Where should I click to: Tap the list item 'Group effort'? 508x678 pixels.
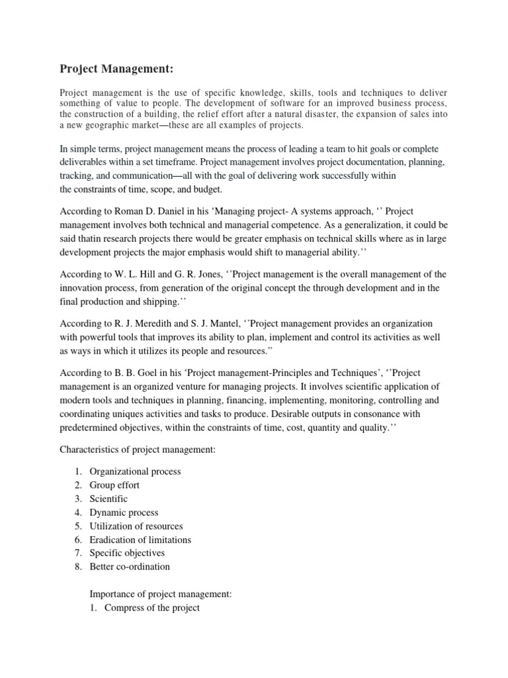(x=115, y=485)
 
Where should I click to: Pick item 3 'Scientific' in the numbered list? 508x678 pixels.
(x=110, y=499)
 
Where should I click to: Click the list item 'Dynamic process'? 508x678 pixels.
(x=124, y=512)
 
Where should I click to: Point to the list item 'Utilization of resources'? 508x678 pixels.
(x=137, y=526)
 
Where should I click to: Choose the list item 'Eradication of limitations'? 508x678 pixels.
(x=141, y=540)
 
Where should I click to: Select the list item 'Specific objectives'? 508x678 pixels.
(x=128, y=553)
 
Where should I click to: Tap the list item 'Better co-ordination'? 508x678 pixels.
(x=130, y=567)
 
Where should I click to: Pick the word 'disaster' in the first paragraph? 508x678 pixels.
(x=314, y=115)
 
